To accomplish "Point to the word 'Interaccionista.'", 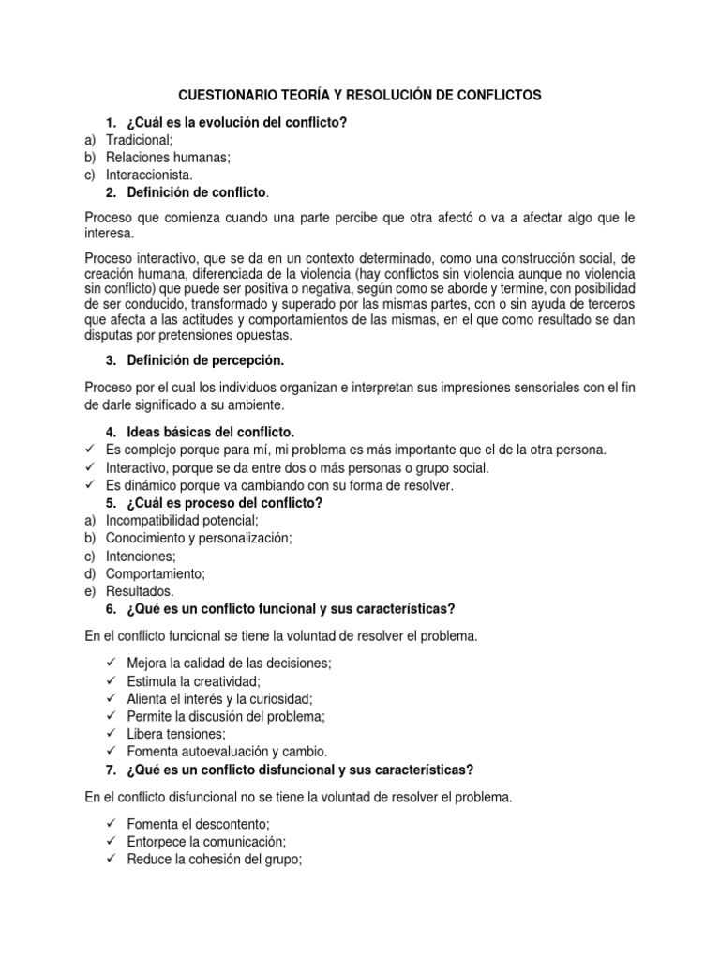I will (x=150, y=175).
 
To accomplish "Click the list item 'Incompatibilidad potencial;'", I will (x=182, y=521).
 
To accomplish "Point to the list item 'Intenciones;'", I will (x=140, y=557).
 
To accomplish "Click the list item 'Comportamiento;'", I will (x=155, y=574).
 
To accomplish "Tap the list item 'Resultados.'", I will (x=140, y=591).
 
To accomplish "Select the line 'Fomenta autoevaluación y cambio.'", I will (x=227, y=752).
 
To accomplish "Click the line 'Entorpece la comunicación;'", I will (x=206, y=841).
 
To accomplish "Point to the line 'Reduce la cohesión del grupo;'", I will (x=214, y=859).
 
